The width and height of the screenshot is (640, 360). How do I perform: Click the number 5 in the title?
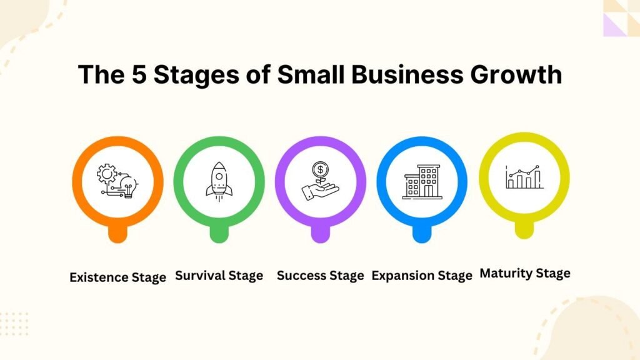pyautogui.click(x=139, y=75)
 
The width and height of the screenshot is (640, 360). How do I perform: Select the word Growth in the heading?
pyautogui.click(x=516, y=74)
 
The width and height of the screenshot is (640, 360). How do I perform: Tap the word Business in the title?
pyautogui.click(x=407, y=74)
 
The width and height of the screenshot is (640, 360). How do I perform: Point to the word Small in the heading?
pyautogui.click(x=311, y=74)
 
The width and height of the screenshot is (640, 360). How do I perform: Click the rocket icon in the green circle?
pyautogui.click(x=219, y=182)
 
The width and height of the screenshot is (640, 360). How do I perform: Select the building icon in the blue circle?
pyautogui.click(x=422, y=182)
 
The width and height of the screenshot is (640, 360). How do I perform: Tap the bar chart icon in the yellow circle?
pyautogui.click(x=524, y=177)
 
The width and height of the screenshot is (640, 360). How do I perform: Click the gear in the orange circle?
pyautogui.click(x=107, y=174)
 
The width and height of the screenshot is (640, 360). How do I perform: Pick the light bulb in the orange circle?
pyautogui.click(x=129, y=186)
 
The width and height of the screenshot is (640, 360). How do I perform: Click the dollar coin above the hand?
pyautogui.click(x=321, y=169)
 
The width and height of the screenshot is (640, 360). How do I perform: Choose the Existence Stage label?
pyautogui.click(x=117, y=277)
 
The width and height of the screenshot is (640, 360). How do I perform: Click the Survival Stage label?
pyautogui.click(x=219, y=276)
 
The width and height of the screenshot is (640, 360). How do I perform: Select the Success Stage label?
pyautogui.click(x=321, y=276)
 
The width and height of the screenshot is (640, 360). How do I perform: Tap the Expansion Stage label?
pyautogui.click(x=422, y=276)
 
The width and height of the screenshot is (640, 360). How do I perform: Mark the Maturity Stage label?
pyautogui.click(x=525, y=274)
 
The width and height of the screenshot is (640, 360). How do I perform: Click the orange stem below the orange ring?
pyautogui.click(x=117, y=234)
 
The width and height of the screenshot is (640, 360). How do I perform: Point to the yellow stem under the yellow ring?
pyautogui.click(x=524, y=230)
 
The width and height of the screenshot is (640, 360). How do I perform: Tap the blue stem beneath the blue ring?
pyautogui.click(x=422, y=234)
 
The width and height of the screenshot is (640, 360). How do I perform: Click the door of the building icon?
pyautogui.click(x=428, y=191)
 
